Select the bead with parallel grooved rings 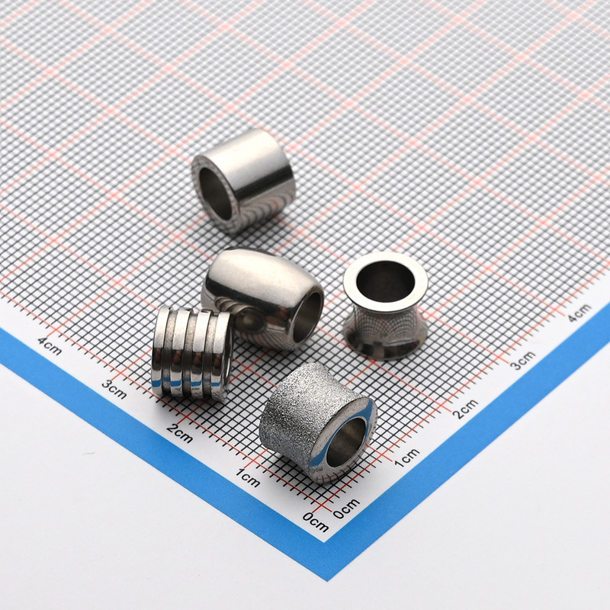191,352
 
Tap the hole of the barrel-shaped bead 307,317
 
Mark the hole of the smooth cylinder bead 216,194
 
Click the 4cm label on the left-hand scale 50,346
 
